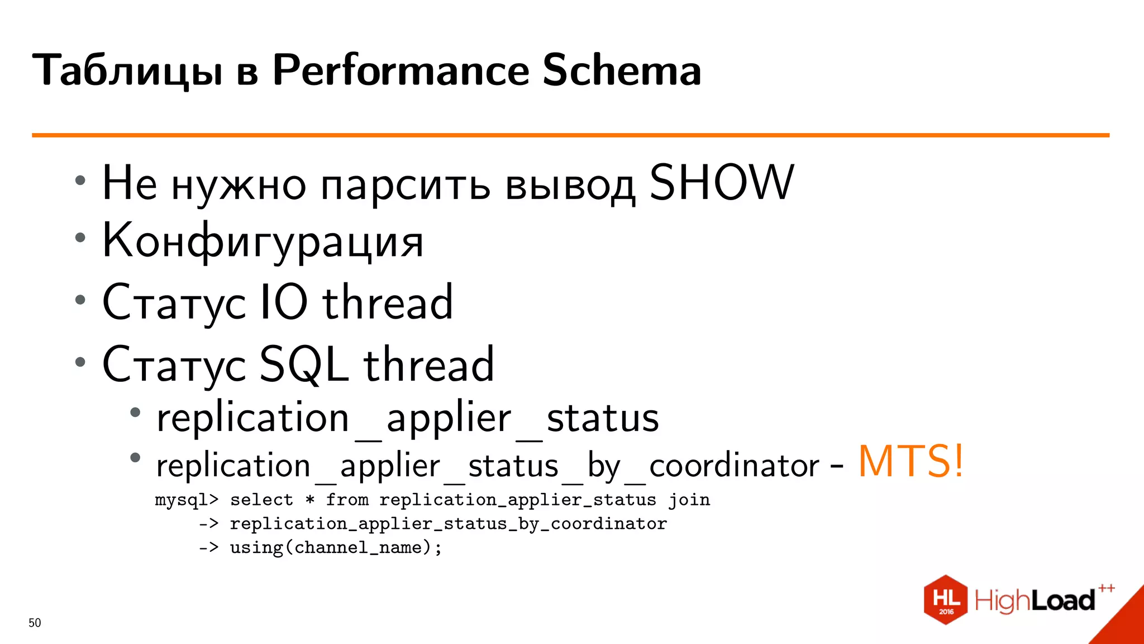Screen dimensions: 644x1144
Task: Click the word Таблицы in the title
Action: (x=127, y=72)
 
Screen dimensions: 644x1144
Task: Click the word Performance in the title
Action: (x=400, y=70)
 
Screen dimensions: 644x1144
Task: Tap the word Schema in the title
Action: (x=621, y=70)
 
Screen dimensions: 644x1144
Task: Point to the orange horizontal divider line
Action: (x=570, y=135)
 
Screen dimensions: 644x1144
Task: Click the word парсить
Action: (x=406, y=186)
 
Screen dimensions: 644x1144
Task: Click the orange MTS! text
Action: (x=911, y=462)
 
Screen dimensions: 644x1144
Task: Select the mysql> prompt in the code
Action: (x=187, y=500)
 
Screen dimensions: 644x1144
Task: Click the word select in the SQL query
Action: (x=261, y=500)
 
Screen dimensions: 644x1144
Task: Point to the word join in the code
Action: (x=689, y=500)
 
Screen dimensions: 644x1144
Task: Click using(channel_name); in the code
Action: (x=336, y=547)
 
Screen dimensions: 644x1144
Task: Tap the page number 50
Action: (x=35, y=623)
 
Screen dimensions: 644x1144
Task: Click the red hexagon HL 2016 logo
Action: (x=945, y=599)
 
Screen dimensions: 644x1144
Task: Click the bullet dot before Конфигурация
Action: (x=80, y=238)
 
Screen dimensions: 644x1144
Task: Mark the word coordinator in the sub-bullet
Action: (x=733, y=466)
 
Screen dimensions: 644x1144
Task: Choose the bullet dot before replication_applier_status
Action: (x=135, y=413)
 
